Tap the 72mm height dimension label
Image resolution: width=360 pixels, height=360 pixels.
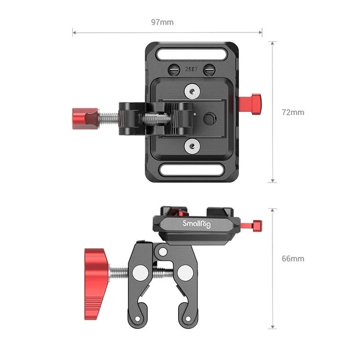point(292,112)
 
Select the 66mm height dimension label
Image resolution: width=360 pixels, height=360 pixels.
point(292,258)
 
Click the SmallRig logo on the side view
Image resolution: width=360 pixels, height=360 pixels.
point(198,224)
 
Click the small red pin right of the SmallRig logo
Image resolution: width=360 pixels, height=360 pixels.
point(256,224)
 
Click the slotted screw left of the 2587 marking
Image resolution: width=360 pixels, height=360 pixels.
point(176,69)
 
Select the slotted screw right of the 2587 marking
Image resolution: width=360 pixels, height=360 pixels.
point(207,69)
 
